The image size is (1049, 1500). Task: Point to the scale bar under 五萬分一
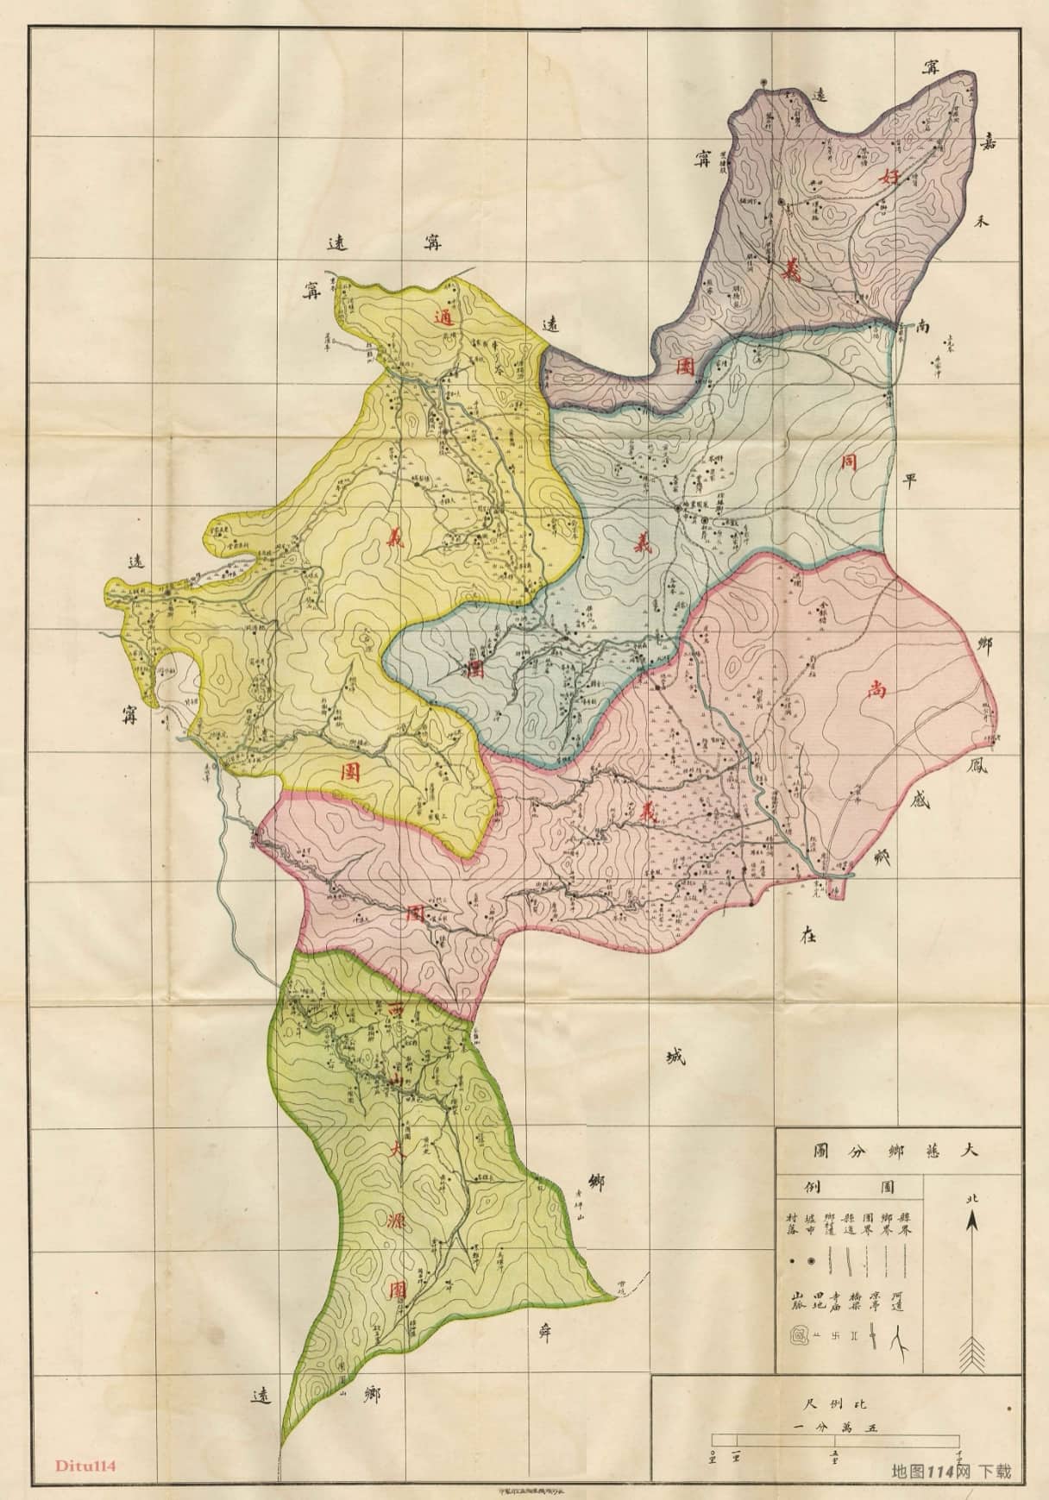click(835, 1440)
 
